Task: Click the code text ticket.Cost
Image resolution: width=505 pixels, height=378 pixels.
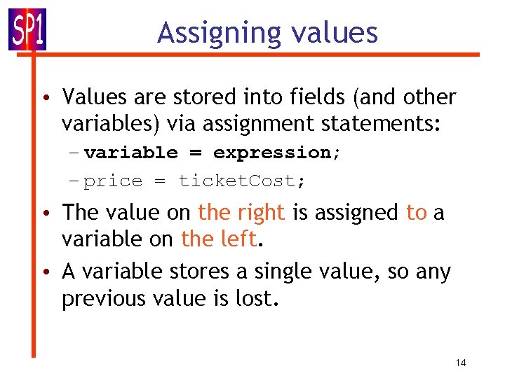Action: pos(241,181)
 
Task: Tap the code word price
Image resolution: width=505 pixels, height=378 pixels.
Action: pos(113,181)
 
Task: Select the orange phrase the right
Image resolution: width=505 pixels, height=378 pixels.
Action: pos(242,211)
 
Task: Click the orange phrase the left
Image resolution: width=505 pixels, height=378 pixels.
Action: pos(218,239)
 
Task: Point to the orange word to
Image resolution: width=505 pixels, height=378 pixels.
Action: pos(416,211)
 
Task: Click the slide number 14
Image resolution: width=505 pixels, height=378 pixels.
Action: pos(461,363)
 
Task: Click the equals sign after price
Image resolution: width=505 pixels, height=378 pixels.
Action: pos(160,181)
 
